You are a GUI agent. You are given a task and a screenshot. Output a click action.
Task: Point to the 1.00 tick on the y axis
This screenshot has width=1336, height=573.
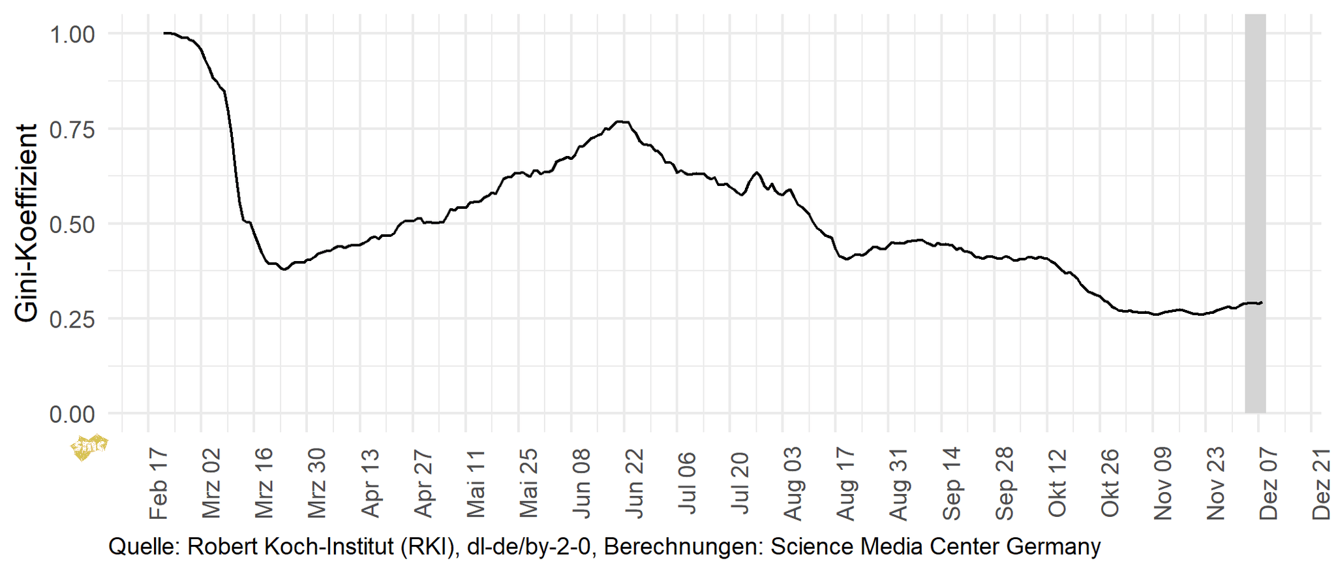point(72,35)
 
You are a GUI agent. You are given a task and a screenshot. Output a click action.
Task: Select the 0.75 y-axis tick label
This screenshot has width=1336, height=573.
point(72,130)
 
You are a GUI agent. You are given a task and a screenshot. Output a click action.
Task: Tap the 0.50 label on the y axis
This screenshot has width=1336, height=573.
point(72,225)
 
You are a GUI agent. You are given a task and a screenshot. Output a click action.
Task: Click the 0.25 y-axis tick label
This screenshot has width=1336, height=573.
point(72,320)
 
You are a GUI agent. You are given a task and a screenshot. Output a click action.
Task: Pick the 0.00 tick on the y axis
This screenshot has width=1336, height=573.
point(72,414)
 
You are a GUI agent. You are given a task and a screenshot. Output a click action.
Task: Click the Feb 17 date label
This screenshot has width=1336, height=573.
point(159,484)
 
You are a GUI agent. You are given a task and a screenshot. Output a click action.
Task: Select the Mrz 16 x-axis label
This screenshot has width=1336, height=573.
point(264,484)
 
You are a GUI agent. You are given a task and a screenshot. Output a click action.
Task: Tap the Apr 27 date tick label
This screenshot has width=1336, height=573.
point(423,484)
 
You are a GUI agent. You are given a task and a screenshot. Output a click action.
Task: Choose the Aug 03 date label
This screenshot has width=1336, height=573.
point(793,484)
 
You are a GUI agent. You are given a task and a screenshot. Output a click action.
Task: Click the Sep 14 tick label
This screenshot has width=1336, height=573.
point(952,484)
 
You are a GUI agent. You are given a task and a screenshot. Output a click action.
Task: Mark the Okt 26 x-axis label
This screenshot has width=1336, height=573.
point(1110,484)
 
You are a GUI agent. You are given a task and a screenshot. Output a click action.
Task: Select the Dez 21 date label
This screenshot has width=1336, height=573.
point(1322,484)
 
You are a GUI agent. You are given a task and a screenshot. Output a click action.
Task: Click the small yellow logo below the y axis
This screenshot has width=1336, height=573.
point(89,447)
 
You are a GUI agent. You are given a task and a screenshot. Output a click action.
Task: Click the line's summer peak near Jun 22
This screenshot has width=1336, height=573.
point(622,121)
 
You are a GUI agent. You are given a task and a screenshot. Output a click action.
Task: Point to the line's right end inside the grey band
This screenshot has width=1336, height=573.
point(1262,302)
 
